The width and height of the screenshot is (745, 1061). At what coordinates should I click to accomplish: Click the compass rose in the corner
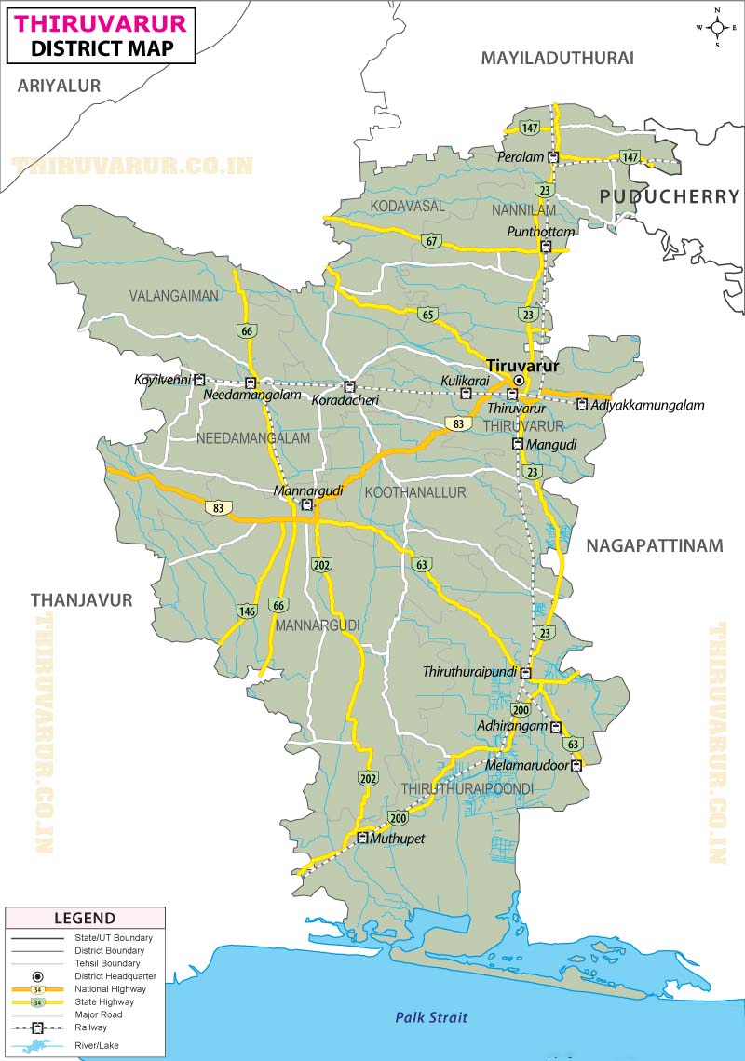pyautogui.click(x=717, y=28)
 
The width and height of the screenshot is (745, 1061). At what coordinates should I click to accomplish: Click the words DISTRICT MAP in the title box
pyautogui.click(x=102, y=48)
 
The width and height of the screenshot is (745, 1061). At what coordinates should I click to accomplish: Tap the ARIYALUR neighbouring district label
pyautogui.click(x=59, y=86)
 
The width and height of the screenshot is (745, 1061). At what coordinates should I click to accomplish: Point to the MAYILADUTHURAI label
pyautogui.click(x=557, y=58)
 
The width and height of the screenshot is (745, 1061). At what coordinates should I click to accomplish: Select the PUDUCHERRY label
pyautogui.click(x=669, y=196)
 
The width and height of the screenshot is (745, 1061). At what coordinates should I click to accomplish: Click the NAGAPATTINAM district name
pyautogui.click(x=654, y=546)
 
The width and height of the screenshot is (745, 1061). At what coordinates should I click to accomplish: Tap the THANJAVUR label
pyautogui.click(x=82, y=600)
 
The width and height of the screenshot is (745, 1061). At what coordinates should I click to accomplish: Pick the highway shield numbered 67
pyautogui.click(x=430, y=241)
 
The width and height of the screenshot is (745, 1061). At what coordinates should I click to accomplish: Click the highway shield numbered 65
pyautogui.click(x=427, y=314)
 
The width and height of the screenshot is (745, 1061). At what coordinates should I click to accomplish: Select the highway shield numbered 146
pyautogui.click(x=247, y=611)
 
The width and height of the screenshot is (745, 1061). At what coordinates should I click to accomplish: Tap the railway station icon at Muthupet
pyautogui.click(x=362, y=839)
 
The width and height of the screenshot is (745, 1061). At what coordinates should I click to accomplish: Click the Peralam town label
pyautogui.click(x=521, y=157)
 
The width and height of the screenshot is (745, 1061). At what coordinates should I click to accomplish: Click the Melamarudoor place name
pyautogui.click(x=526, y=766)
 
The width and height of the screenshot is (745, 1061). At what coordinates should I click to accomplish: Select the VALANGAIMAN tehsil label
pyautogui.click(x=174, y=296)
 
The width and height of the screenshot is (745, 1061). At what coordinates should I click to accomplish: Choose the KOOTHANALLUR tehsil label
pyautogui.click(x=415, y=492)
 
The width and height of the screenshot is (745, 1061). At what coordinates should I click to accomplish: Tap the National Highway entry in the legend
pyautogui.click(x=110, y=989)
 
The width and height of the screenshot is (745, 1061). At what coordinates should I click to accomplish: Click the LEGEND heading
pyautogui.click(x=85, y=918)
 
